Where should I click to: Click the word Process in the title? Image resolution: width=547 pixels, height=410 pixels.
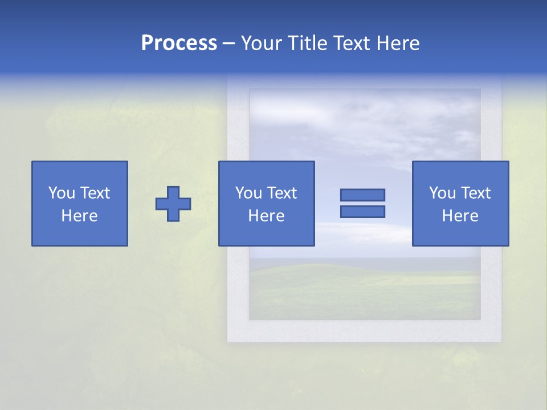(179, 43)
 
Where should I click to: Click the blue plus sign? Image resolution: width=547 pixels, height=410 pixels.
(173, 204)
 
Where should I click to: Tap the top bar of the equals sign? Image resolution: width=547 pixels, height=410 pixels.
(362, 195)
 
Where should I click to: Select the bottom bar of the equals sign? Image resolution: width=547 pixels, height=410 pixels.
(362, 211)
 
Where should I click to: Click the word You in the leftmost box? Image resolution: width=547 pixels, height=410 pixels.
(62, 193)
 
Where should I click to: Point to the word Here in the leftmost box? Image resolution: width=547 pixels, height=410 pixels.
(80, 216)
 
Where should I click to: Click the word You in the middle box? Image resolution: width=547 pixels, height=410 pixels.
(248, 193)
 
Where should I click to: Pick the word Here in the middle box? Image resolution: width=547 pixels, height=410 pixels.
(266, 216)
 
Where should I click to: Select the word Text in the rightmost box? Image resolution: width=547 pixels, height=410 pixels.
(475, 193)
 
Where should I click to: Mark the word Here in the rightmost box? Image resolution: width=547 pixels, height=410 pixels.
(460, 216)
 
